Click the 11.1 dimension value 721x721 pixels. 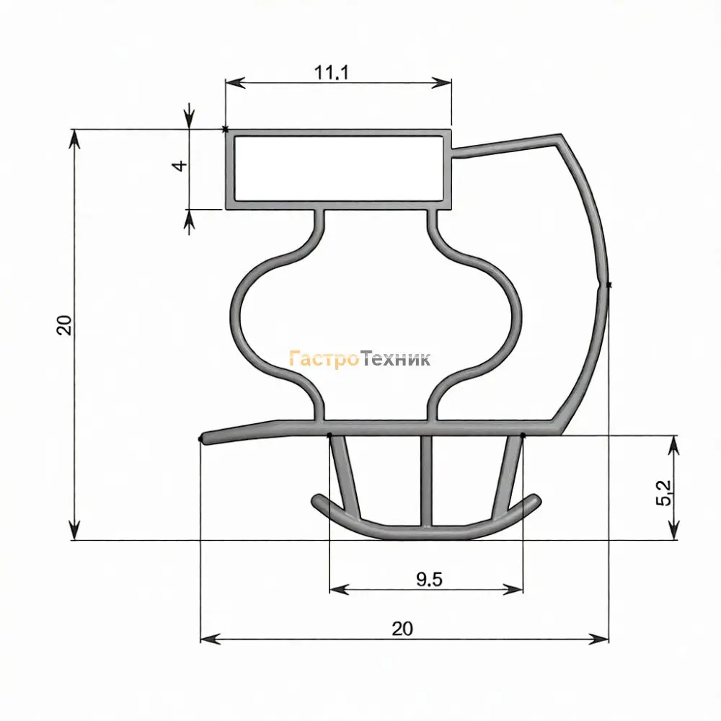tap(331, 72)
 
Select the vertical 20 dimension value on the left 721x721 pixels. tap(64, 325)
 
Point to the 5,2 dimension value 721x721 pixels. tap(663, 492)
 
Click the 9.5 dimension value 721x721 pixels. tap(430, 580)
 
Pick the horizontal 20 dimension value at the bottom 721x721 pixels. tap(402, 629)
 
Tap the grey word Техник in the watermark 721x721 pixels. tap(395, 358)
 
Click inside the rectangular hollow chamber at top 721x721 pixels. tap(339, 169)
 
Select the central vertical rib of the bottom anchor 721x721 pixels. tap(427, 480)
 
